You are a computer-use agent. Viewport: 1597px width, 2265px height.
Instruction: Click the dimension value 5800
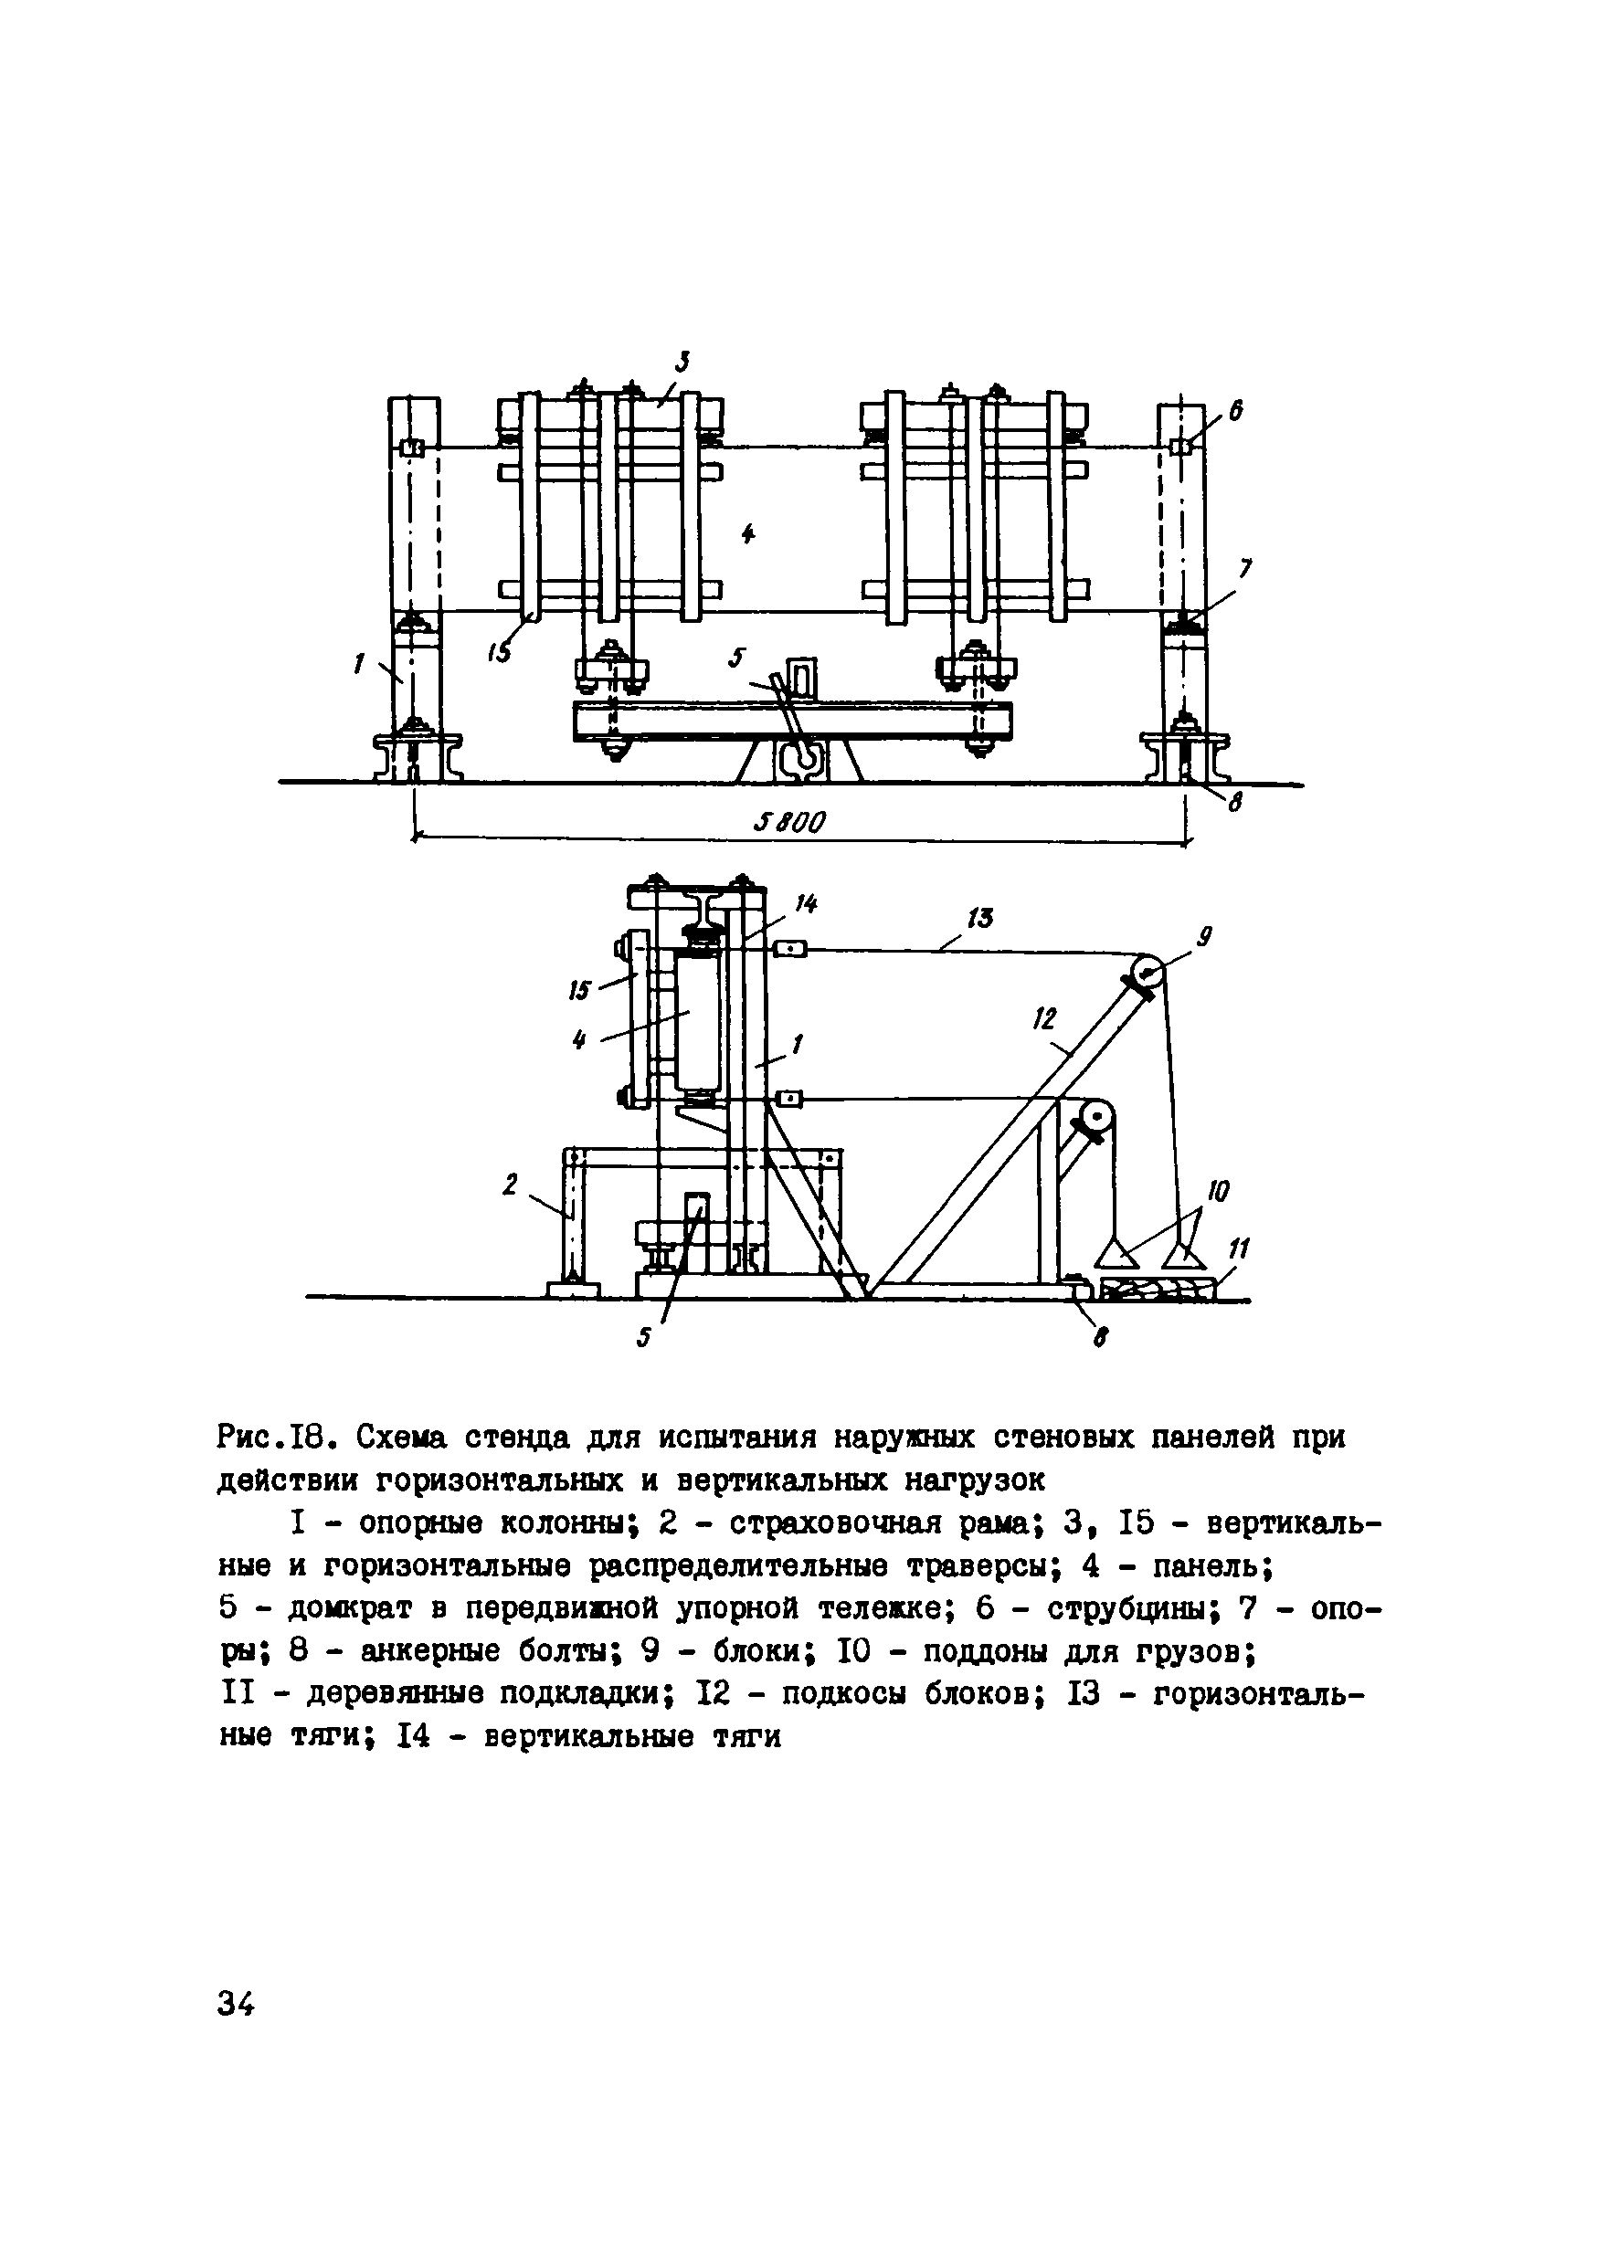(x=788, y=822)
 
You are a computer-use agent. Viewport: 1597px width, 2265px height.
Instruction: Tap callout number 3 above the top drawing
(x=682, y=362)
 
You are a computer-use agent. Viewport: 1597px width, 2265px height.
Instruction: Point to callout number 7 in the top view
(x=1245, y=569)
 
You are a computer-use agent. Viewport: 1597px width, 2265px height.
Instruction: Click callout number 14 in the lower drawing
(x=807, y=903)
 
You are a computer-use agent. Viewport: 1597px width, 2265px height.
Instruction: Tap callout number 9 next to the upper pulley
(x=1204, y=937)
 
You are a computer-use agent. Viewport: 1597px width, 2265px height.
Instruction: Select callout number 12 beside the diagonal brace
(x=1044, y=1019)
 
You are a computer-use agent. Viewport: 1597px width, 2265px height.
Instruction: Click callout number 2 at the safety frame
(x=511, y=1185)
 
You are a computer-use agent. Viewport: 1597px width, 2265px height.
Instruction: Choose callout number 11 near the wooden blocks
(x=1238, y=1251)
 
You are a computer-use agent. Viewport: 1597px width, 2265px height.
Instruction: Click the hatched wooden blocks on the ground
(x=1155, y=1291)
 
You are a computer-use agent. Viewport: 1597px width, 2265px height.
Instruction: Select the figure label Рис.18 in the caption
(x=278, y=1438)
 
